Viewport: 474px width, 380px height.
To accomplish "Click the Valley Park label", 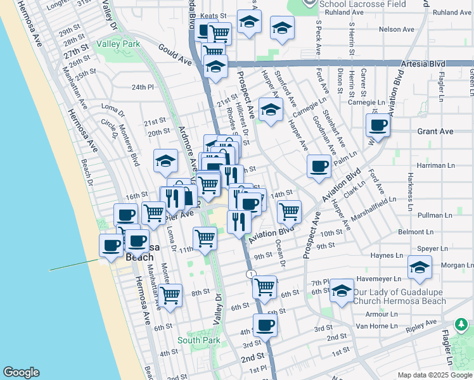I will pyautogui.click(x=118, y=44).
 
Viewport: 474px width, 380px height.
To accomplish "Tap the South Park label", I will pyautogui.click(x=198, y=340).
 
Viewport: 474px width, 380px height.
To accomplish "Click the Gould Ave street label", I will pyautogui.click(x=176, y=57).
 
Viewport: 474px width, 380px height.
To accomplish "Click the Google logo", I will pyautogui.click(x=21, y=372).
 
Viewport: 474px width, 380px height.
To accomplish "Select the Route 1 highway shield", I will pyautogui.click(x=251, y=273).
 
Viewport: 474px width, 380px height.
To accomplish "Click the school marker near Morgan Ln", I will pyautogui.click(x=419, y=268).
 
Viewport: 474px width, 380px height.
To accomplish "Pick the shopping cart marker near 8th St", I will pyautogui.click(x=170, y=295).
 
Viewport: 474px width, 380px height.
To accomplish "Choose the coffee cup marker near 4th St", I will pyautogui.click(x=265, y=326).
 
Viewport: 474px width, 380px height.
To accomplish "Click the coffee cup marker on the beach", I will pyautogui.click(x=111, y=246).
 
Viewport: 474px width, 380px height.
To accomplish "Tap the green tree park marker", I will pyautogui.click(x=461, y=326).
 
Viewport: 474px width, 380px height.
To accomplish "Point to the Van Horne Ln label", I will pyautogui.click(x=376, y=325).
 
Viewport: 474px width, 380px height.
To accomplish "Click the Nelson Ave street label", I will pyautogui.click(x=396, y=29).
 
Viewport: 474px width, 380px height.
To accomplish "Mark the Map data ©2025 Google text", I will pyautogui.click(x=433, y=375).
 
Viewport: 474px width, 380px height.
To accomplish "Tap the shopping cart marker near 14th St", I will pyautogui.click(x=289, y=212).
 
